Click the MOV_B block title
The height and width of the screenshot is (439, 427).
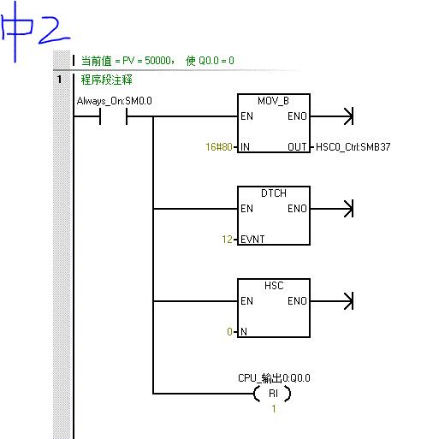(273, 101)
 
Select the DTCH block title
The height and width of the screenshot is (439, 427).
(274, 193)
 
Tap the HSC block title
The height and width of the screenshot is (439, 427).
(274, 286)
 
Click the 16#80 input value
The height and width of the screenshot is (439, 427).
(219, 147)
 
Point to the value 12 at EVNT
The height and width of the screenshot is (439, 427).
(227, 240)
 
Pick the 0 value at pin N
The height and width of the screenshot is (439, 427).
(229, 332)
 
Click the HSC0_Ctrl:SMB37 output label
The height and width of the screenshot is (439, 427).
(353, 147)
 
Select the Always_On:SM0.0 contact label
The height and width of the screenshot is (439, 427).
(115, 101)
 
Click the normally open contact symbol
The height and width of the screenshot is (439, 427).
(114, 116)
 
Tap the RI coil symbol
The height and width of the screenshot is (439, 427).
(273, 394)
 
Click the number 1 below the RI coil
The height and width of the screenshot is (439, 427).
(274, 409)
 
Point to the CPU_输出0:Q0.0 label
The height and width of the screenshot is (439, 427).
(274, 378)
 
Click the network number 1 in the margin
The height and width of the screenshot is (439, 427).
(59, 79)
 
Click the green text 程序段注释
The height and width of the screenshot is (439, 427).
(107, 80)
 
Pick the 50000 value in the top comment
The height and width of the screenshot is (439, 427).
(157, 61)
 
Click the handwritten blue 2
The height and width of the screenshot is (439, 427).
(54, 30)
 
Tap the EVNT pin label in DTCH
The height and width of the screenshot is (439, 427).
(252, 240)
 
